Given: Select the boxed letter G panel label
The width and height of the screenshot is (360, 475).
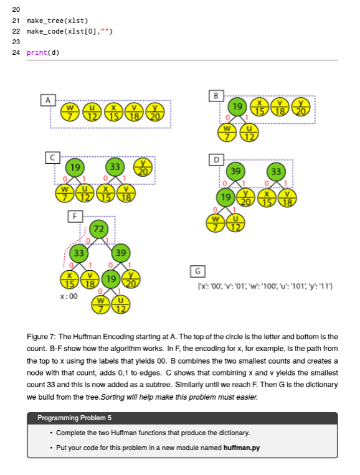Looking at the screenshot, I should (198, 271).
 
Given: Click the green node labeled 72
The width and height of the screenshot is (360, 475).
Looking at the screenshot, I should (97, 228).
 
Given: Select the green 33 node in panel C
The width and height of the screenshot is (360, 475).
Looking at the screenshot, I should (115, 166).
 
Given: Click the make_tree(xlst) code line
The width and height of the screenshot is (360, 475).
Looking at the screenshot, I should (53, 21).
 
